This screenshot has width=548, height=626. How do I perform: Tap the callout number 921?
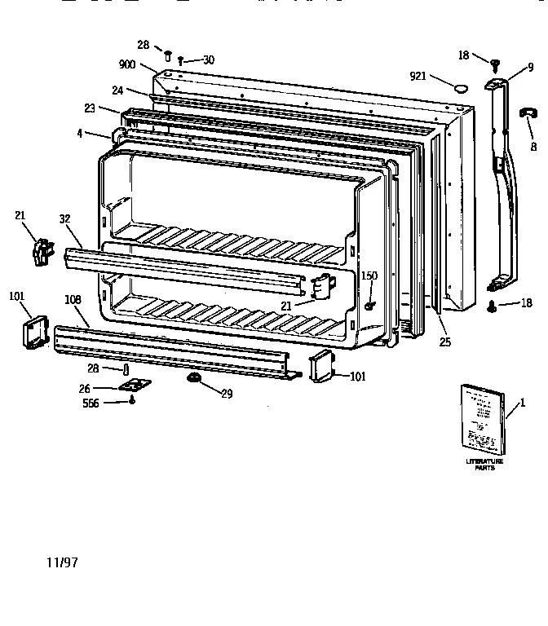coord(418,76)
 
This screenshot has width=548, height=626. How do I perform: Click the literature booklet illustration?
coord(483,420)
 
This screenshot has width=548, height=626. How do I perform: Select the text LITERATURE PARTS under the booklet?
coord(484,465)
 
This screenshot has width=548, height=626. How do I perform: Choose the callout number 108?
coord(73,300)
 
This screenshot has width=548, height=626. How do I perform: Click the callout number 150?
coord(369,276)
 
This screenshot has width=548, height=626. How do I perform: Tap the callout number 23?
coord(89,107)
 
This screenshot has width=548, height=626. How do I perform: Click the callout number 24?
coord(117,90)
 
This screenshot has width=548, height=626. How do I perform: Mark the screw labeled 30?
coord(180,60)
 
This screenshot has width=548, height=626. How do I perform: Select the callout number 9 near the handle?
coord(530,67)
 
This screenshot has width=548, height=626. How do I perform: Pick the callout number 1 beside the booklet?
coord(523,402)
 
